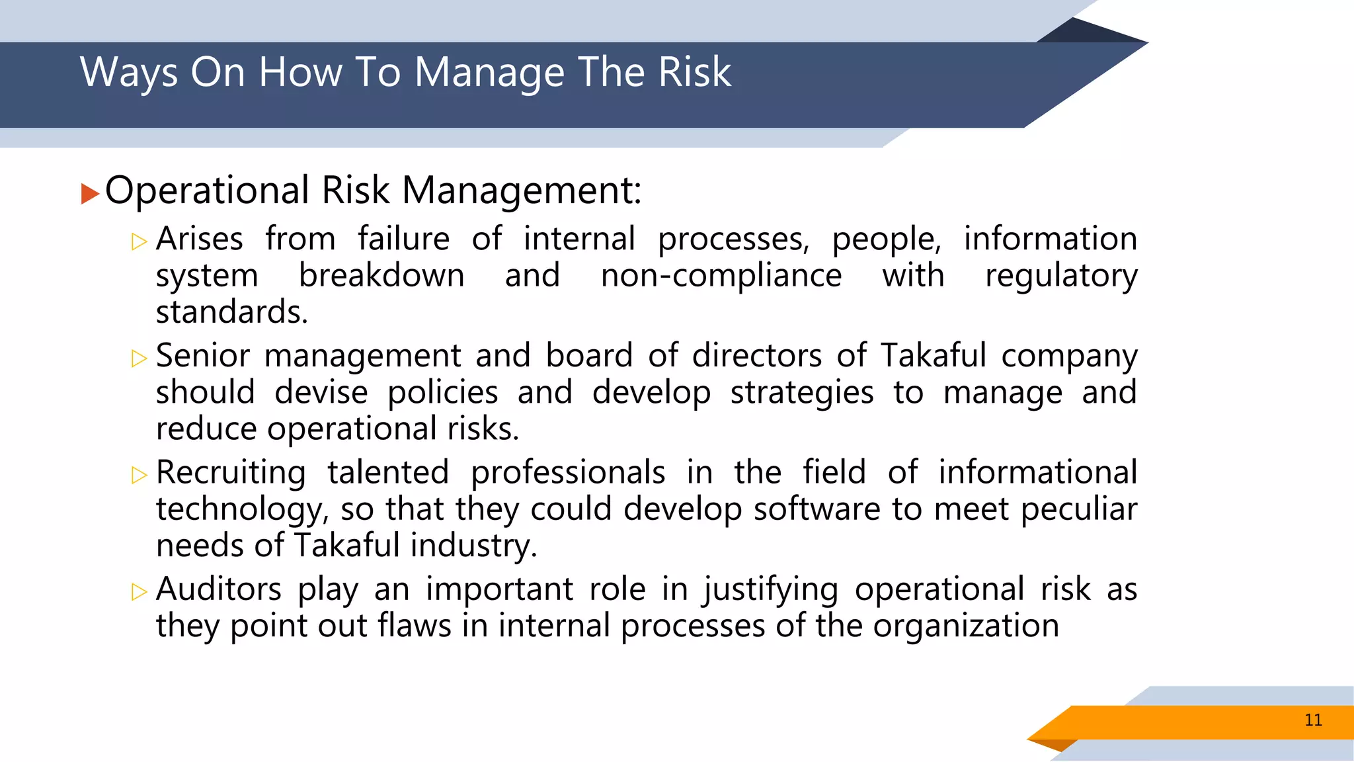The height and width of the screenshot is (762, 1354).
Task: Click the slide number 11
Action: pos(1313,720)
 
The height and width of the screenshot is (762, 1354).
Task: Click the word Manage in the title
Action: pos(489,72)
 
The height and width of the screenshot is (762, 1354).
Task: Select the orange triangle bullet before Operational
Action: pos(90,194)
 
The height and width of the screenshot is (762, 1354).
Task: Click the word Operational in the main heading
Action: pos(207,191)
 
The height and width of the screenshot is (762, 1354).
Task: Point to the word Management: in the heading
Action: pos(522,191)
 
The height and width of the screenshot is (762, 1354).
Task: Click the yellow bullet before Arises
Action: pos(139,242)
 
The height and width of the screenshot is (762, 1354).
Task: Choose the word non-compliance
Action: pos(721,275)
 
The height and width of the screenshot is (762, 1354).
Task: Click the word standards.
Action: pos(231,312)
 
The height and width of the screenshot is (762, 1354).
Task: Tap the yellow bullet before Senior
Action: pos(139,359)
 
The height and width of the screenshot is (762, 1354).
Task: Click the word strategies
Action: pos(801,393)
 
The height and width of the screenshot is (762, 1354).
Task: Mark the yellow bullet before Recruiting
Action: pos(139,475)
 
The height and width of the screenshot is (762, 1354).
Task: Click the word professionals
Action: pos(567,473)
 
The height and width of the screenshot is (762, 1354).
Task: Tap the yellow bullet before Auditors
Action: pos(139,591)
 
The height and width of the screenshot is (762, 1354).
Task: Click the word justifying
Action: pos(770,589)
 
